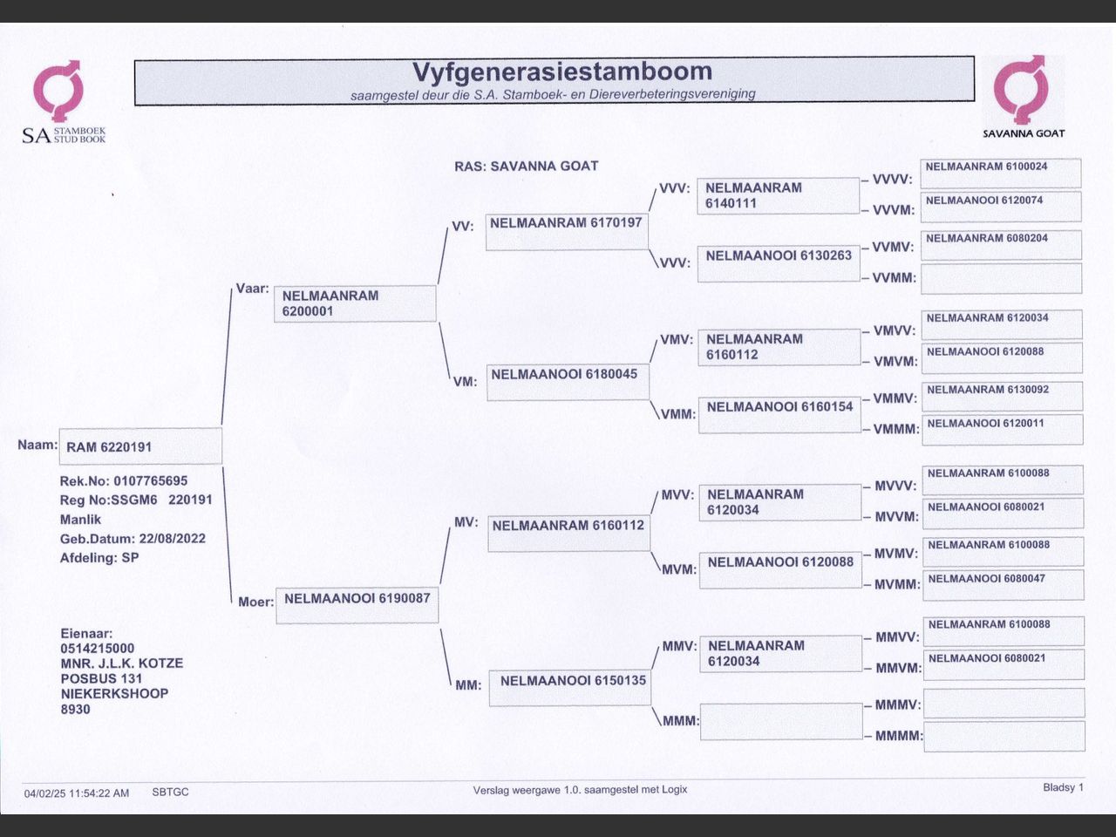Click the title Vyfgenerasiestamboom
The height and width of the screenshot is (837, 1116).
coord(561,71)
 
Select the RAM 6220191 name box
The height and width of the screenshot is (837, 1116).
coord(140,446)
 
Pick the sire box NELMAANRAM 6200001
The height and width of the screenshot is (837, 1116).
coord(354,303)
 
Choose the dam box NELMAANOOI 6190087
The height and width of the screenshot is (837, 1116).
coord(357,605)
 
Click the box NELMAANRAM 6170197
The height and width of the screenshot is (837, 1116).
coord(567,232)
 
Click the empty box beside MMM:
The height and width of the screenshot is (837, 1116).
coord(781,721)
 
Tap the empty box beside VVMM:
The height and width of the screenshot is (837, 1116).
coord(1001,278)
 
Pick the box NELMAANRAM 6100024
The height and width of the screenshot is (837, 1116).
coord(1001,173)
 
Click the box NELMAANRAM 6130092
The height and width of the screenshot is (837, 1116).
coord(1003,396)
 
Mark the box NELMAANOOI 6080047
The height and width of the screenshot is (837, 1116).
coord(1003,584)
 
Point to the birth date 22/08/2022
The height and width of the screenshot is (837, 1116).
coord(172,539)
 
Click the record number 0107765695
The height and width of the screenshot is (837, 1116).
coord(150,481)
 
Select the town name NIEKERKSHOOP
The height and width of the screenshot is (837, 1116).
coord(114,694)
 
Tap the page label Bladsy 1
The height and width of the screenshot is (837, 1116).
coord(1063,787)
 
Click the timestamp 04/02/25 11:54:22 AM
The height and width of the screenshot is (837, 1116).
coord(77,793)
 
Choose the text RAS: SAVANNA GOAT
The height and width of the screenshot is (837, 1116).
coord(526,167)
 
